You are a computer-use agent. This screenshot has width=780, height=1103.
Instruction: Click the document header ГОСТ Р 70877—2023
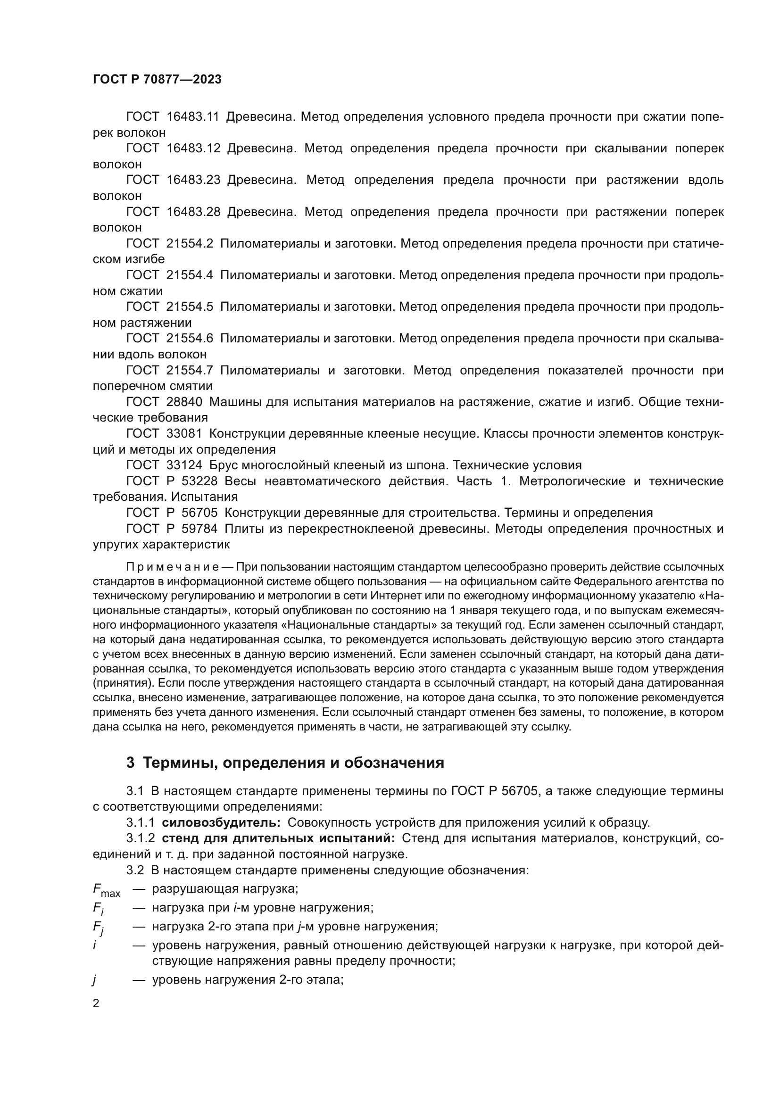tap(157, 80)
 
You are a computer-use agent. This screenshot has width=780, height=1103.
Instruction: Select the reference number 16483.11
tap(192, 117)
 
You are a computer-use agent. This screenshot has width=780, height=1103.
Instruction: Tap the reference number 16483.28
tap(193, 212)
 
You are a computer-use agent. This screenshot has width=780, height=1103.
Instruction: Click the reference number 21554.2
tap(190, 243)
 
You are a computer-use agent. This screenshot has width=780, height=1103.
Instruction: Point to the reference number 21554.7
tap(190, 370)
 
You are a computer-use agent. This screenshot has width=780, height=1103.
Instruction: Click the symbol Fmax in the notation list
tap(106, 890)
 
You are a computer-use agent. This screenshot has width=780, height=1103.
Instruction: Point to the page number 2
tap(96, 1003)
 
